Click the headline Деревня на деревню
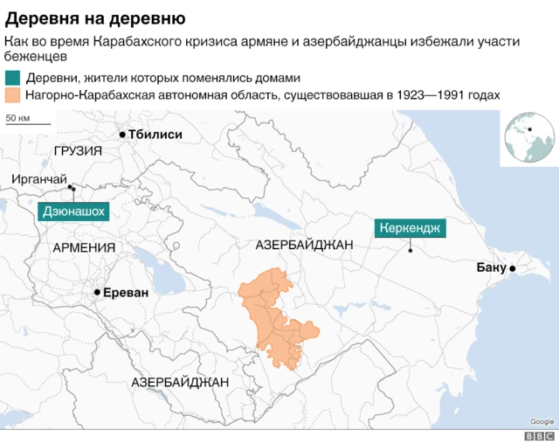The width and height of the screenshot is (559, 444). pos(94,17)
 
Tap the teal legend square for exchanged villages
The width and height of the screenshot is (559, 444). pos(11,78)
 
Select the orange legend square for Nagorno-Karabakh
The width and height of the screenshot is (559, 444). pos(11,95)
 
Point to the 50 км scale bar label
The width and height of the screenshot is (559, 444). pos(18,117)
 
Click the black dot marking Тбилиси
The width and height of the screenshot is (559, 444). pos(122,135)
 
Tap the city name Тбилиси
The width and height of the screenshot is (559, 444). pos(155,135)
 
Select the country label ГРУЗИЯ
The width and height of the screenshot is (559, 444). pos(77,151)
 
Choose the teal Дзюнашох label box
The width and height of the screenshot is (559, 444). pos(76,211)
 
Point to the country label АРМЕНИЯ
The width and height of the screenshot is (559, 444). pos(84,247)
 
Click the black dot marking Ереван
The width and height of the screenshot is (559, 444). pos(97,293)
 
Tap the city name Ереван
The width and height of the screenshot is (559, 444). pos(126,293)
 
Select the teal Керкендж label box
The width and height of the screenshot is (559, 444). pos(411,228)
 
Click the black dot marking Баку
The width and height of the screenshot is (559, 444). pos(513,268)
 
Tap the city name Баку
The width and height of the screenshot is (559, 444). pos(491,267)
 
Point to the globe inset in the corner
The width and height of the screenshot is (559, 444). pos(527,136)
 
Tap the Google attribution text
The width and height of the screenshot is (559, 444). pos(542,421)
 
